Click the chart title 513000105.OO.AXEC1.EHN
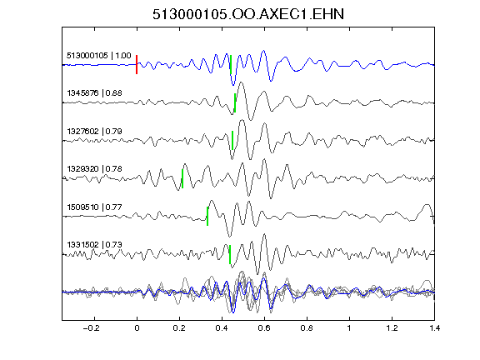point(248,14)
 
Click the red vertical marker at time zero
point(137,65)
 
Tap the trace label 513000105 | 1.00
point(99,56)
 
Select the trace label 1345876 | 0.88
point(94,93)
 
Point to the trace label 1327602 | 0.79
point(94,132)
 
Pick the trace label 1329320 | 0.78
point(94,169)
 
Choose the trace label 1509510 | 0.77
point(94,207)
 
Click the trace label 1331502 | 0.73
point(94,245)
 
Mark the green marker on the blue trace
point(231,65)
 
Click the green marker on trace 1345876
point(235,102)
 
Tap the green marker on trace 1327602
point(232,141)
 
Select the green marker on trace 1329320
point(182,178)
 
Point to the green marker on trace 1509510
point(207,217)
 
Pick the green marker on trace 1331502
point(230,254)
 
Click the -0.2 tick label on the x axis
point(91,328)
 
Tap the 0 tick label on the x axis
point(137,328)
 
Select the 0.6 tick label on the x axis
point(264,328)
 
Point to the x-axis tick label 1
point(349,328)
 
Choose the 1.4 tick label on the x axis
point(434,328)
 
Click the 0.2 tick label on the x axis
point(179,328)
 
